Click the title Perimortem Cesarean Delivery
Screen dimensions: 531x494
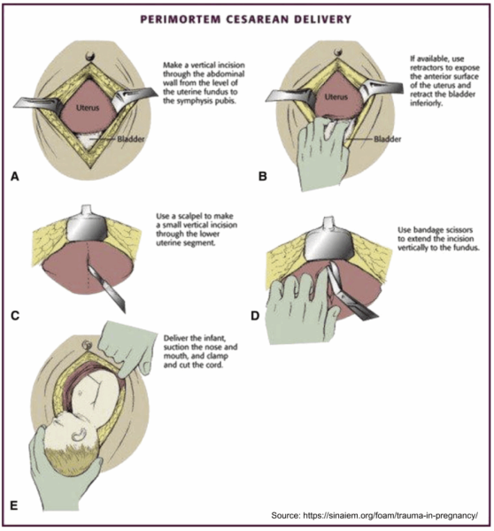(247, 18)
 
